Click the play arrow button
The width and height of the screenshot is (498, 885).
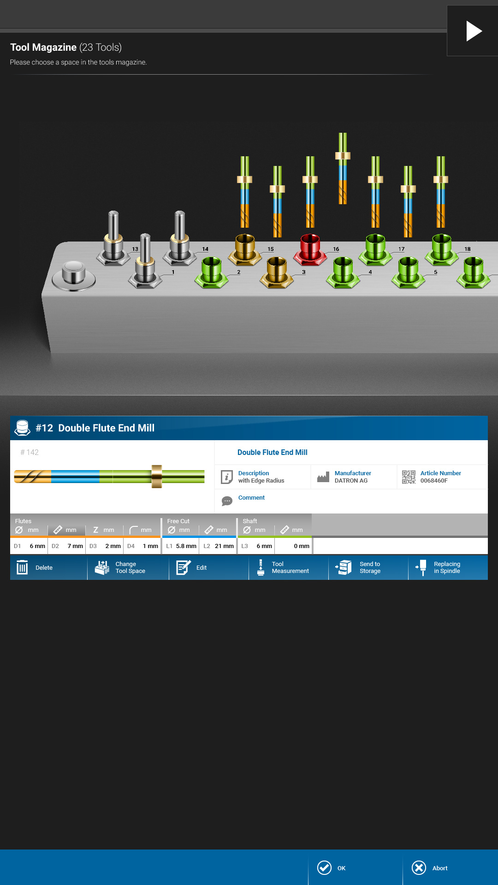[x=474, y=31]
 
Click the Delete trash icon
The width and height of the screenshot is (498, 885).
[x=22, y=567]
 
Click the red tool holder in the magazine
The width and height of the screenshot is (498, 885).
[x=310, y=249]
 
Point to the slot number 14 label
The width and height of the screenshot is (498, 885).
[x=205, y=249]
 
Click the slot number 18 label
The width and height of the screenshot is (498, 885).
[x=468, y=249]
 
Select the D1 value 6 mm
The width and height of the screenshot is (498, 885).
[x=37, y=546]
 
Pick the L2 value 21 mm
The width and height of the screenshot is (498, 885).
[x=224, y=546]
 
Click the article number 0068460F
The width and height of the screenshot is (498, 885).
[x=434, y=480]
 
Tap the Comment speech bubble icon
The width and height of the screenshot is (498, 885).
[x=227, y=501]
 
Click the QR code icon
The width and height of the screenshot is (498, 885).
[x=409, y=477]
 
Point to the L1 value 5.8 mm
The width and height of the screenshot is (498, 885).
[x=186, y=546]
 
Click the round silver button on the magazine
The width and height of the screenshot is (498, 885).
[x=74, y=275]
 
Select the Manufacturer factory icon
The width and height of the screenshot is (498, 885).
[x=323, y=477]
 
